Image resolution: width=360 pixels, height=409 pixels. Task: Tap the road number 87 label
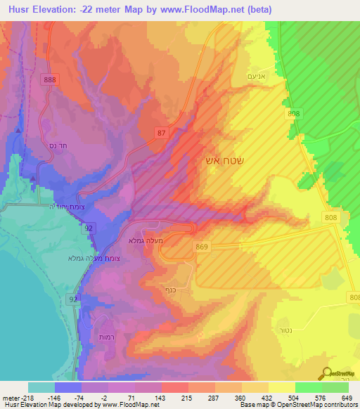click(163, 131)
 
